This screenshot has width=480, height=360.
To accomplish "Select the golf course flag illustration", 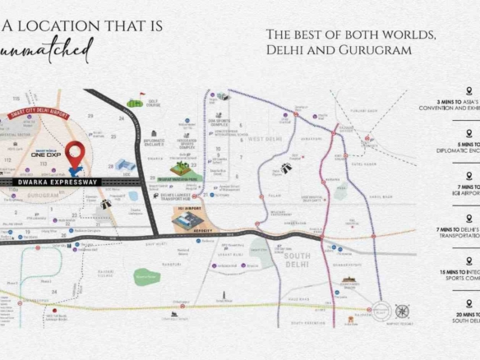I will pyautogui.click(x=135, y=104).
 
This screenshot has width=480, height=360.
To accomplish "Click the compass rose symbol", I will pyautogui.click(x=402, y=312).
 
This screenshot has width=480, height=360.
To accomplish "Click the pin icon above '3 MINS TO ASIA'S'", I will pyautogui.click(x=467, y=91).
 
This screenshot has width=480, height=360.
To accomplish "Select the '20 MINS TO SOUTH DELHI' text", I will pyautogui.click(x=465, y=318).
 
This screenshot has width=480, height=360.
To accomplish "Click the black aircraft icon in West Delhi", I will pyautogui.click(x=288, y=168).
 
